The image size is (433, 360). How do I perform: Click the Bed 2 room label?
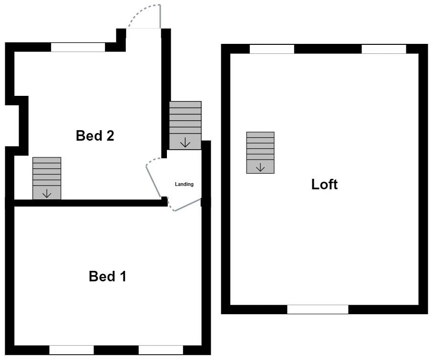[x=95, y=136]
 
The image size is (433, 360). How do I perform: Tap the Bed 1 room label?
[x=107, y=277]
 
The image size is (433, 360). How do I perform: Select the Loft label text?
[x=324, y=185]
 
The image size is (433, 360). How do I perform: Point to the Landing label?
[x=184, y=184]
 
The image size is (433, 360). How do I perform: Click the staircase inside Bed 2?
[x=47, y=178]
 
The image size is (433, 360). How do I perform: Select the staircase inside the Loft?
[x=260, y=152]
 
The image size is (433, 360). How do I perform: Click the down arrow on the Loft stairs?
[x=260, y=167]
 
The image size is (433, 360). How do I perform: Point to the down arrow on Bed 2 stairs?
[x=47, y=194]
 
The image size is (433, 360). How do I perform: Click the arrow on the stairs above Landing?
[x=185, y=142]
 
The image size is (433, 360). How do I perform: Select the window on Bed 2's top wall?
[x=78, y=47]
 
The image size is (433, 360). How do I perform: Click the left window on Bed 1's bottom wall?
[x=72, y=350]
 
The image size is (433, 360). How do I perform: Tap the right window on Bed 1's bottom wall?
[x=161, y=350]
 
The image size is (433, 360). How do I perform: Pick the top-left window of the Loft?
[x=272, y=49]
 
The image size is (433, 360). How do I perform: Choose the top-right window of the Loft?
[x=384, y=49]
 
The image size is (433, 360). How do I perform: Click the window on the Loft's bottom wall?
[x=318, y=309]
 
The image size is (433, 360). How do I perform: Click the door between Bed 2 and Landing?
[x=154, y=179]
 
